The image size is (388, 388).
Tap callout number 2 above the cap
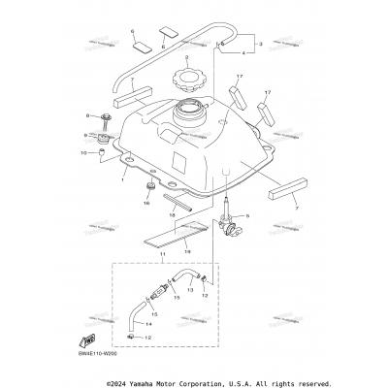186,59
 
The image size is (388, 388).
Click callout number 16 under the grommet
148,204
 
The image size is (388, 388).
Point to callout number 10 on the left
98,152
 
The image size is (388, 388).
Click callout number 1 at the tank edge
123,179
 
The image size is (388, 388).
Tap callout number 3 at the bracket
259,45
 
